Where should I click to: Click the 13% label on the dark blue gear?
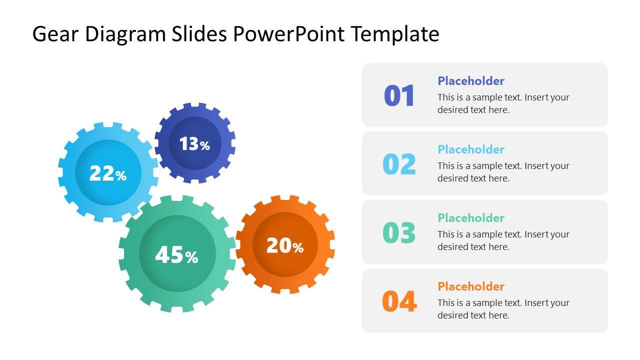coord(194,144)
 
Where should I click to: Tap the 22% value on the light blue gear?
coord(108,173)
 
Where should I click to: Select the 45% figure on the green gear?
coord(176,255)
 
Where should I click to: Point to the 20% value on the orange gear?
coord(285,245)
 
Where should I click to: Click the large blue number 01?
coord(399,95)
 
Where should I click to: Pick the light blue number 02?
coord(399,164)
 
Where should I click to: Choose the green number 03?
coord(399,232)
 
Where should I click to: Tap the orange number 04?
coord(399,301)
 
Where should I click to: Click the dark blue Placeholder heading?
coord(471,81)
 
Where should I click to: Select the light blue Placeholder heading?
coord(471,149)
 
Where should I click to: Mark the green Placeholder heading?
coord(471,218)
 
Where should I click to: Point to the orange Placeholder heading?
coord(471,286)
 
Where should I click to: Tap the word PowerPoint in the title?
coord(288,34)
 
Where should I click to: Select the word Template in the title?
coord(394,34)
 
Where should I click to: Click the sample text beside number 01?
coord(503,103)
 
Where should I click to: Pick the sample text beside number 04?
coord(503,309)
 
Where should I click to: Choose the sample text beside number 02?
coord(503,172)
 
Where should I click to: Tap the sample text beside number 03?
coord(503,240)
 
